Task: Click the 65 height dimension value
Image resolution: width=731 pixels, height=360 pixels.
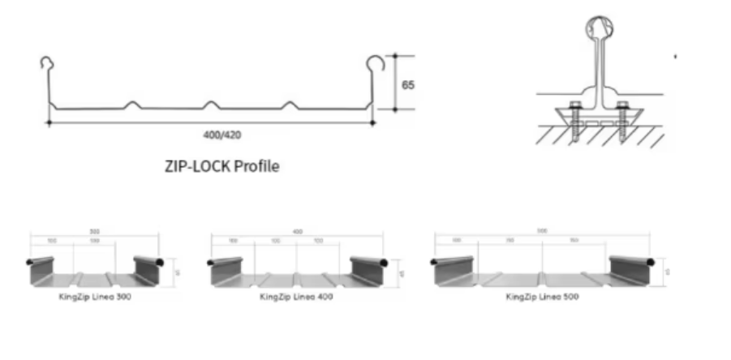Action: [407, 84]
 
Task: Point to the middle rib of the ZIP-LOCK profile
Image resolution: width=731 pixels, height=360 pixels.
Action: [211, 105]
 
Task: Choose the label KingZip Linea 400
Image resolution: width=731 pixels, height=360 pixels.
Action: [296, 297]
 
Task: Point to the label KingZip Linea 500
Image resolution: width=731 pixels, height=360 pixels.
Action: [541, 297]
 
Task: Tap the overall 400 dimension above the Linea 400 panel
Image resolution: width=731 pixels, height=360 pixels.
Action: [297, 232]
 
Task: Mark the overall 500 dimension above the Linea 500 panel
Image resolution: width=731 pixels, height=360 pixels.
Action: [542, 231]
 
